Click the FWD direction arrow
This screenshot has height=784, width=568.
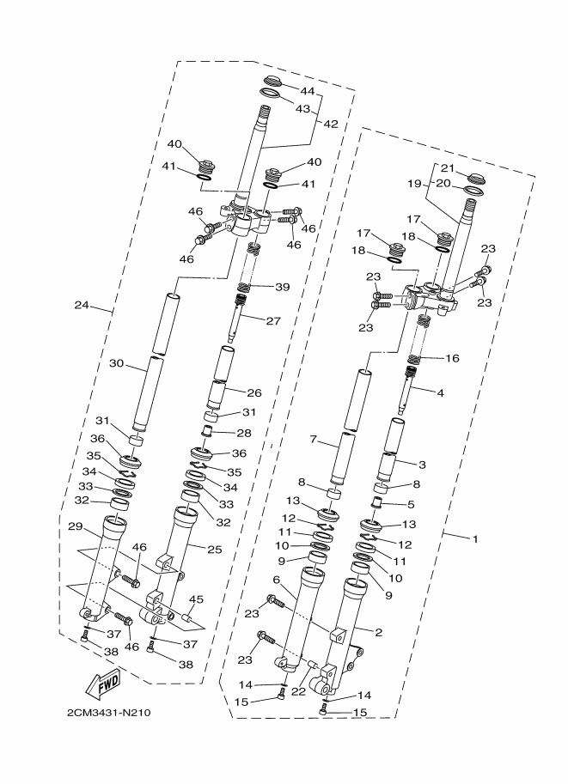[x=102, y=684]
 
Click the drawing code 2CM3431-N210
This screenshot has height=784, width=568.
[x=108, y=713]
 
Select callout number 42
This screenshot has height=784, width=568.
[x=331, y=123]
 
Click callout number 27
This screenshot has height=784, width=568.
[x=273, y=320]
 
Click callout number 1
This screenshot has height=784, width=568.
[x=473, y=538]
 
